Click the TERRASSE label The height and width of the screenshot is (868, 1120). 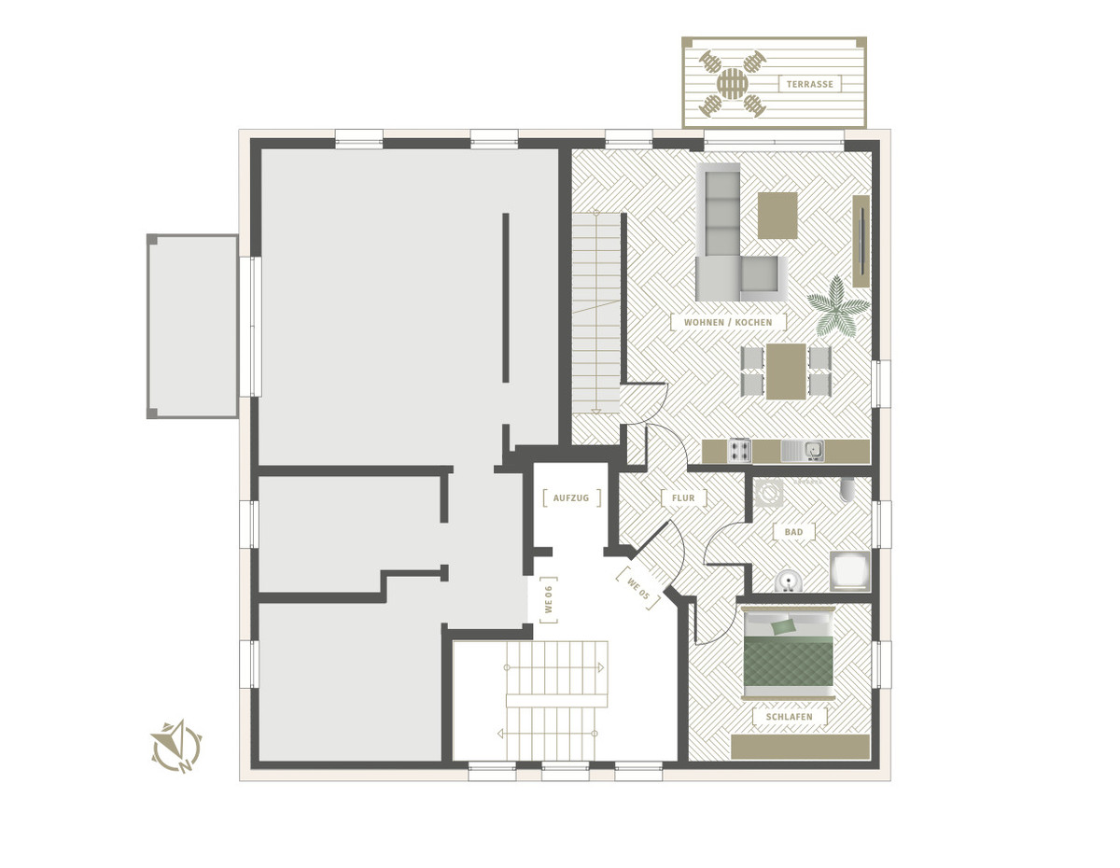(809, 84)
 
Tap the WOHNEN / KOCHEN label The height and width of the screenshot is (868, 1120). (728, 322)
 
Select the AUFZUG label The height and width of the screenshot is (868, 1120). (571, 497)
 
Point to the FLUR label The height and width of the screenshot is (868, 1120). (683, 497)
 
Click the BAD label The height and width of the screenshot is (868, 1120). (793, 531)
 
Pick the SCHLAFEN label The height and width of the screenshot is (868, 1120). (789, 717)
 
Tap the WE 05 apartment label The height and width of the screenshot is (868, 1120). (637, 588)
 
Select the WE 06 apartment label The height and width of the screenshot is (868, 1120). (549, 599)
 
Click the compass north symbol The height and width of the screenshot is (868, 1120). (177, 747)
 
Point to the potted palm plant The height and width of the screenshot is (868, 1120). (837, 307)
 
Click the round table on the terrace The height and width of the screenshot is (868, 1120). (732, 83)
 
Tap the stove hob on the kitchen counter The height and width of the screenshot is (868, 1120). (739, 450)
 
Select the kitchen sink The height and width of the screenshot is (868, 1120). (803, 451)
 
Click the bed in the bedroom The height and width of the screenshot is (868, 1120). (789, 652)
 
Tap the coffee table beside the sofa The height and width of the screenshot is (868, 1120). (777, 216)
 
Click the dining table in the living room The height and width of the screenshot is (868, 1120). (786, 371)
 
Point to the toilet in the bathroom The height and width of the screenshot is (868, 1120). (847, 489)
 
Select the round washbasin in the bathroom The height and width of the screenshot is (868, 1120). (789, 581)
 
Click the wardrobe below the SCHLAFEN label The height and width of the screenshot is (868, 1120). (801, 747)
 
